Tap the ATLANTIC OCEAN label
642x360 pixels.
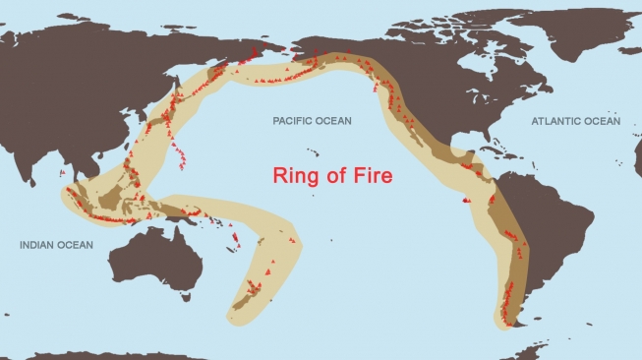point(575,121)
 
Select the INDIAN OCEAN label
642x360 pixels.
point(56,245)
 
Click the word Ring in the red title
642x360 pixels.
point(298,176)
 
